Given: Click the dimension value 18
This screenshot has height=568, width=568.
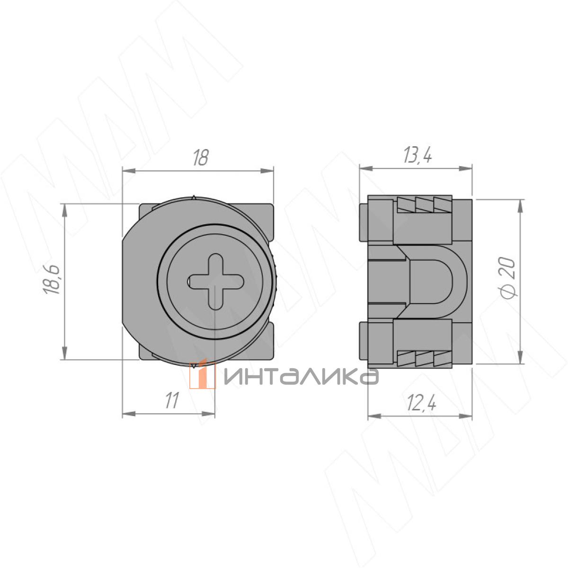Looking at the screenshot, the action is (x=201, y=158).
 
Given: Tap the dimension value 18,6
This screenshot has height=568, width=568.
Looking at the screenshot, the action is (x=52, y=280).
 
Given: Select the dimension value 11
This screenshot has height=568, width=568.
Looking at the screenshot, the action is (x=172, y=400).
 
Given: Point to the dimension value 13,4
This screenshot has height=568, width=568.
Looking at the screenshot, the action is (x=417, y=156).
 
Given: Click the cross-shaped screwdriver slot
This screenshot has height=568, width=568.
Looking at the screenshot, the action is (x=216, y=282).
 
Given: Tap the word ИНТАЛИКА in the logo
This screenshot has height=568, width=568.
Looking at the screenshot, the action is (x=301, y=377).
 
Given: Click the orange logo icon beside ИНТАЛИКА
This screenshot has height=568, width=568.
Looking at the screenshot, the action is (x=202, y=374).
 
